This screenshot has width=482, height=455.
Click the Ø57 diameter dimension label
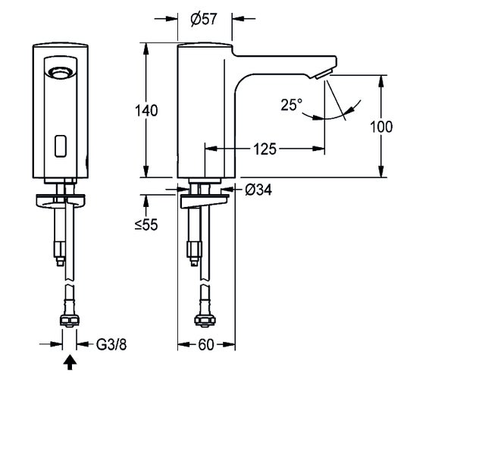click(x=204, y=19)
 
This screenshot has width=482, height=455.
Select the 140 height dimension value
click(x=146, y=111)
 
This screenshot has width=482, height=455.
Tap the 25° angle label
click(x=292, y=105)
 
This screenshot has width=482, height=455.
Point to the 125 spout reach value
click(x=264, y=149)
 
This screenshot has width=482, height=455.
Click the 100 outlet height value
click(x=381, y=127)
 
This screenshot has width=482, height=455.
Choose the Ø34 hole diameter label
click(x=258, y=190)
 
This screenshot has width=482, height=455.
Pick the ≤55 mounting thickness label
click(x=146, y=224)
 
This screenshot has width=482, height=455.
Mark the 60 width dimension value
click(x=205, y=344)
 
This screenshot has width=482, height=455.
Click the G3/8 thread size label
click(x=111, y=344)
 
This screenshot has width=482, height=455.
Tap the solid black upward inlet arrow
click(x=70, y=362)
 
